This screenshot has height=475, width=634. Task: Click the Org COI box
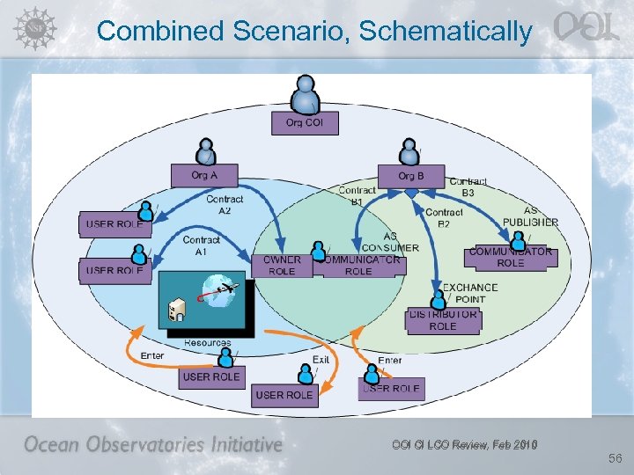click(x=304, y=123)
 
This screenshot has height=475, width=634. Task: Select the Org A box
click(x=204, y=176)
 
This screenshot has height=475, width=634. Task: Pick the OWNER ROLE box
click(x=282, y=266)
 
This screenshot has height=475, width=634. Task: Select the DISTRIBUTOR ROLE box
click(x=443, y=320)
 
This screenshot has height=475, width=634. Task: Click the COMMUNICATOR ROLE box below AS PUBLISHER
click(x=510, y=257)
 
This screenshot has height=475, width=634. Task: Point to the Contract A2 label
click(x=225, y=205)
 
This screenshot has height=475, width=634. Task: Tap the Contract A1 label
click(x=201, y=245)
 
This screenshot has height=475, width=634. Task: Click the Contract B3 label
click(x=468, y=186)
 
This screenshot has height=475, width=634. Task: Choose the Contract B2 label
click(x=444, y=218)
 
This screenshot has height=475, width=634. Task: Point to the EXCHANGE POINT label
click(x=470, y=293)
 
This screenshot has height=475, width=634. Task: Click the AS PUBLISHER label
click(x=530, y=216)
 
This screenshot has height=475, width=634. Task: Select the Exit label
click(x=321, y=360)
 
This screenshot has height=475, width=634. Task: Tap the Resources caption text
click(x=208, y=342)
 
